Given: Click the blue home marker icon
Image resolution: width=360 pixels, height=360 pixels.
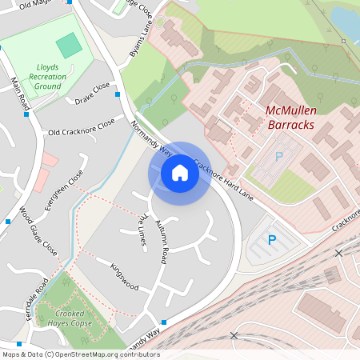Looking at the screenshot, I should pos(180,172).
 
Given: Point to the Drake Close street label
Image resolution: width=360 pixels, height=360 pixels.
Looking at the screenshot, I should pos(92,93).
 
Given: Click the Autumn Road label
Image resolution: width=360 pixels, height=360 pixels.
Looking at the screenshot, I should pos(161,241).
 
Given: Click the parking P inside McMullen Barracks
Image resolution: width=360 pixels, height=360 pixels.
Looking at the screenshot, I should pos(278,158).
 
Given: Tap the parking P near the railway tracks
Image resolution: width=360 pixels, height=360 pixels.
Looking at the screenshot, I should pos(272,239).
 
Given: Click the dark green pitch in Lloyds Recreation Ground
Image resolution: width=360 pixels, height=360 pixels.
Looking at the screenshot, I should pos(70,45).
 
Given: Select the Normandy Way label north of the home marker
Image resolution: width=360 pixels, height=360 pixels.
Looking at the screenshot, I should pos(152,137).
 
